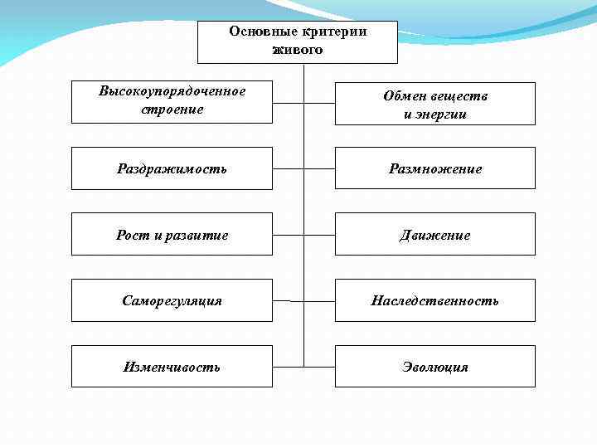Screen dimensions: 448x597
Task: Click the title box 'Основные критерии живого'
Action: [298, 41]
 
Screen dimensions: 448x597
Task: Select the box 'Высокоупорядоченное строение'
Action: [172, 101]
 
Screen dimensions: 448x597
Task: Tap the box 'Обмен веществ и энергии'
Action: [434, 104]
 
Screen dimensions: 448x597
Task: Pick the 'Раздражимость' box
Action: [172, 168]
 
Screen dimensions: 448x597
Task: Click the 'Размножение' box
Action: [434, 168]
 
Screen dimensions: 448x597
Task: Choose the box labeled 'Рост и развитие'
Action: [172, 235]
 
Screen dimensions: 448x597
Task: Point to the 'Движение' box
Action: [434, 235]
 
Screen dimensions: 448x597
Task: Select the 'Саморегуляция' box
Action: [172, 300]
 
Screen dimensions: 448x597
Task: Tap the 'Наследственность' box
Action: [434, 300]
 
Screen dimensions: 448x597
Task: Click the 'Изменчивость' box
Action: [172, 366]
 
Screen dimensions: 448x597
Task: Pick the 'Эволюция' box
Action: [434, 366]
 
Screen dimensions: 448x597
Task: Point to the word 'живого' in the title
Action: [298, 50]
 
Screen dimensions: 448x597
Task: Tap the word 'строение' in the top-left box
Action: [172, 110]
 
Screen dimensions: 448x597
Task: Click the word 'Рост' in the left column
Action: [131, 236]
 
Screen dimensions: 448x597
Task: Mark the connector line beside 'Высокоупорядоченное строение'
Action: [288, 103]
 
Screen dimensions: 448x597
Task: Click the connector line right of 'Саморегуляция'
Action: [288, 299]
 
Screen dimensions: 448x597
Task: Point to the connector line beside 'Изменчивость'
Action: [288, 366]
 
